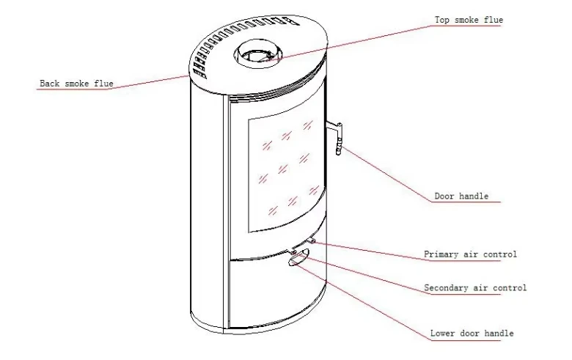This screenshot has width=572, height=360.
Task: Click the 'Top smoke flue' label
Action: coord(469,20)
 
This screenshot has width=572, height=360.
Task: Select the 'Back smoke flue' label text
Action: coord(76,84)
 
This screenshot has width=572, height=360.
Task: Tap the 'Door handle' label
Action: coord(461,196)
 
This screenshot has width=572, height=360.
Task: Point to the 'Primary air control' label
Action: coord(470,254)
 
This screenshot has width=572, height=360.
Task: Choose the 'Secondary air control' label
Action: coord(475,288)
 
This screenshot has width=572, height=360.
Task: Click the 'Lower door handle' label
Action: coord(472,334)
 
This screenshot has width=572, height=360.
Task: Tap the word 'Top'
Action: coord(442,20)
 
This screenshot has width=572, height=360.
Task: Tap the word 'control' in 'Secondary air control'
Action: coord(508,288)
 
